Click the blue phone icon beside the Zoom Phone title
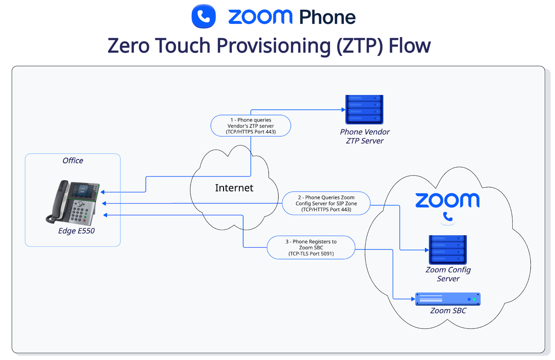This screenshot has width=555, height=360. point(204,16)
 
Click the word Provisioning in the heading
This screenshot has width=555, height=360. point(274,46)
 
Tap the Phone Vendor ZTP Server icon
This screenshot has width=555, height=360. point(364,109)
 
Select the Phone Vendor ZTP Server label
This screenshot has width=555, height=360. point(365,136)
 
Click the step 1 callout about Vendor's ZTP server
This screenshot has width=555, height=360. point(250,126)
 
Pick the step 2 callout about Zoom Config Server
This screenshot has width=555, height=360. point(326,203)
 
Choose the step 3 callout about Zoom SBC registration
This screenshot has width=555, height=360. point(311,248)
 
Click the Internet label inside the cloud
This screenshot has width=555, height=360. point(234,188)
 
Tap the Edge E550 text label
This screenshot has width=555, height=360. point(76,231)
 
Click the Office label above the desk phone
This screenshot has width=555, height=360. point(72,160)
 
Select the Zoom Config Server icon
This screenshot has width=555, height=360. point(447,250)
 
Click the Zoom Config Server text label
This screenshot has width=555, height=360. point(448,274)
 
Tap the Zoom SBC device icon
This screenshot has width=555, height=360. point(447,299)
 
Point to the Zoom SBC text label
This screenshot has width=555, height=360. point(448,311)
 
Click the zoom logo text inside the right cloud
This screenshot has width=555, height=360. point(447,201)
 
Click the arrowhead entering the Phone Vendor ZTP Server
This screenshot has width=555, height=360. point(343,110)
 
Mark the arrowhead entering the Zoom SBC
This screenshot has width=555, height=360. point(413,299)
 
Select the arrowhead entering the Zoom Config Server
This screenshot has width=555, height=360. point(427,250)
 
